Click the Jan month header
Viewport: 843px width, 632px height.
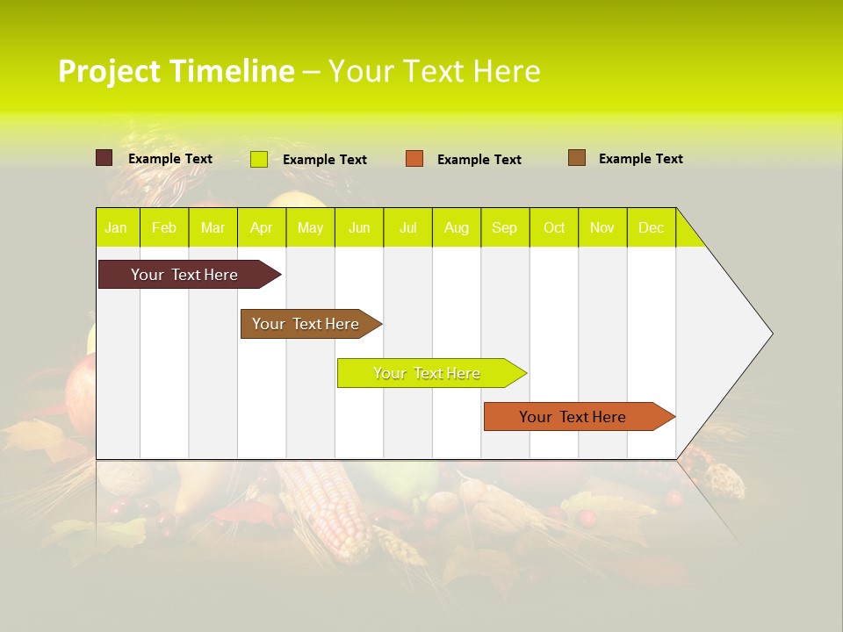coord(116,227)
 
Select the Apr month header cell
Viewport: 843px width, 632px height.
coord(261,227)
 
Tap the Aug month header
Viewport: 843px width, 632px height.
coord(456,227)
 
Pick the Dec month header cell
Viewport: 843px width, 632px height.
coord(651,227)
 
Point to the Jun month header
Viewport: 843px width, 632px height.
coord(358,227)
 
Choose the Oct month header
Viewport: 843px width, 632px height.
coord(553,227)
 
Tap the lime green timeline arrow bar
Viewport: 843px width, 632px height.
coord(428,373)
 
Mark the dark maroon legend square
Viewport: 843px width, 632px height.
coord(104,158)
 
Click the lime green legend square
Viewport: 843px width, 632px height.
coord(258,159)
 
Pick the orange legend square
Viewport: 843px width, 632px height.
coord(414,159)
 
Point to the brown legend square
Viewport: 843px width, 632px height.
coord(576,158)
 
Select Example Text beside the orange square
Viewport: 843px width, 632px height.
coord(479,159)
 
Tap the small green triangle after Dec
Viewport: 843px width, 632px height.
coord(688,233)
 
